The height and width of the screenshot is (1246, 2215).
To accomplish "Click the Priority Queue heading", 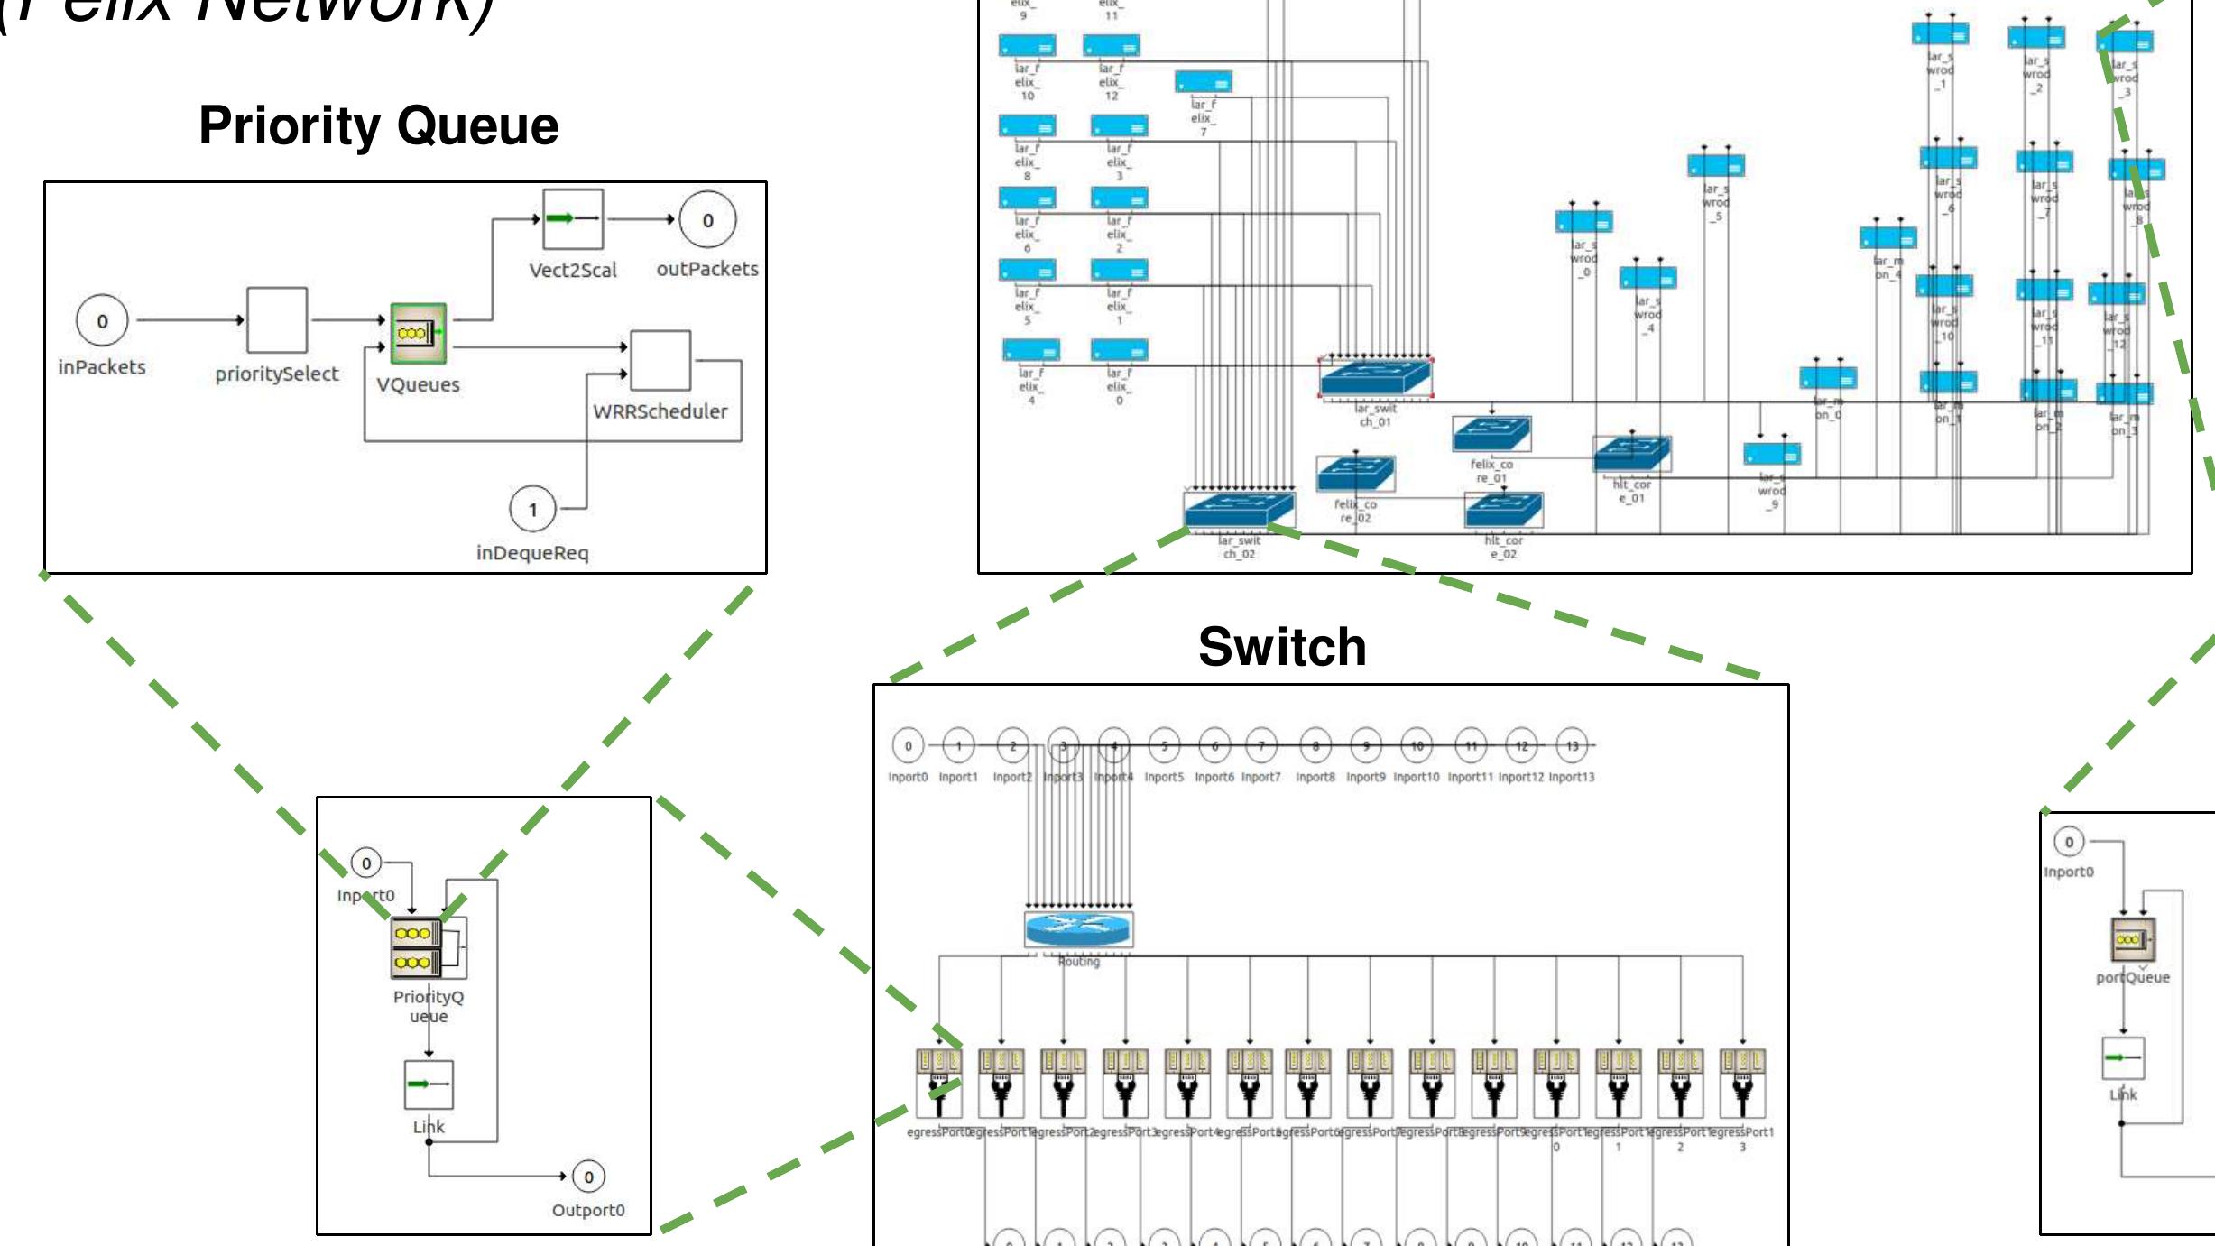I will [x=378, y=125].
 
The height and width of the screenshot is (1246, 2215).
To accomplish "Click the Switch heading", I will [x=1281, y=647].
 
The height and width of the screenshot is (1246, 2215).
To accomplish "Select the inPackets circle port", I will [x=102, y=321].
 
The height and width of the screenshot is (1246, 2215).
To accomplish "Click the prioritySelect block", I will [x=277, y=320].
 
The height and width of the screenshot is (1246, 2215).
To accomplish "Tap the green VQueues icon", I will [x=418, y=333].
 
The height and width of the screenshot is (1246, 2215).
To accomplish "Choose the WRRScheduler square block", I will [x=660, y=360].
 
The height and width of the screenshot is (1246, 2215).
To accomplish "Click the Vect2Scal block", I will [x=573, y=219].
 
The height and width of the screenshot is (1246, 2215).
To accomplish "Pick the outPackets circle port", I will [x=707, y=220].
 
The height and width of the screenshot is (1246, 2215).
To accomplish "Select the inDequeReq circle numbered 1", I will [x=532, y=510].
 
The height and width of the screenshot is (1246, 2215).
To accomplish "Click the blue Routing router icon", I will [x=1078, y=928].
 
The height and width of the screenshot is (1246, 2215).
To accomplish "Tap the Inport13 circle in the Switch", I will [x=1572, y=746].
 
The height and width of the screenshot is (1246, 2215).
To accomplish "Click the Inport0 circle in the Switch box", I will [x=908, y=746].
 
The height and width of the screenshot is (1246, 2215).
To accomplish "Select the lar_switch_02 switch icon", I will [x=1240, y=510].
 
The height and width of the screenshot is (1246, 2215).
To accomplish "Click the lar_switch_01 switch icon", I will [x=1375, y=377].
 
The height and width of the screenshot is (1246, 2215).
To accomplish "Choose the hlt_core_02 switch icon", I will [x=1504, y=511].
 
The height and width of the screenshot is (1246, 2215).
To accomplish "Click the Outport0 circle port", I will [x=588, y=1177].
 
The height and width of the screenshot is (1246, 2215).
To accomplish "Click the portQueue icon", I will [x=2132, y=940].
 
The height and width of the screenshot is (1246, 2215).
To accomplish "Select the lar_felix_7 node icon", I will [x=1203, y=83].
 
